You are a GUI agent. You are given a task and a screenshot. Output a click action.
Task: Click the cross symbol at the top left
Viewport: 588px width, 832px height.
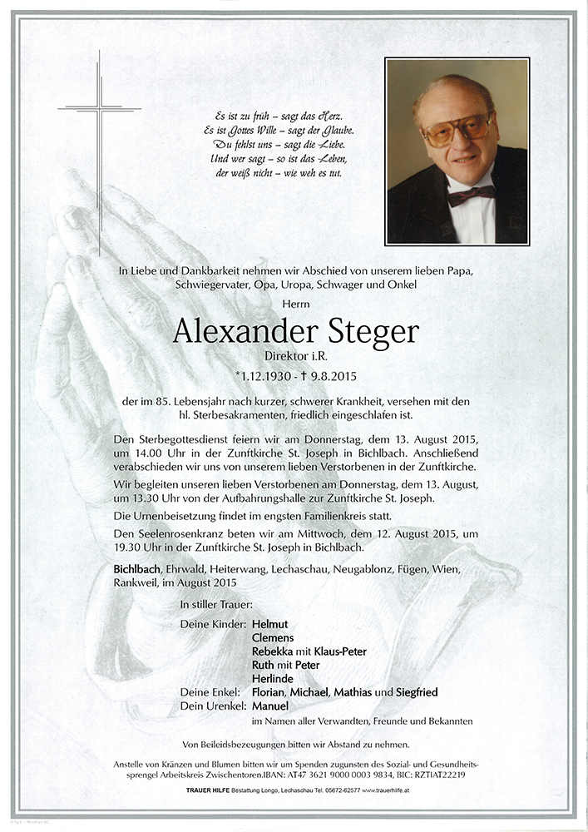[x=99, y=108]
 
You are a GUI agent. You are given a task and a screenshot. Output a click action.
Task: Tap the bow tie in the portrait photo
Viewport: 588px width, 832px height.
[x=471, y=196]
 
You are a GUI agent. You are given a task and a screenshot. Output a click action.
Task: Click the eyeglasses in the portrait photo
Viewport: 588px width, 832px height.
[x=457, y=131]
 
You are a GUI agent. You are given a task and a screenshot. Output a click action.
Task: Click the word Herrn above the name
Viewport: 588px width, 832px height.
[x=294, y=304]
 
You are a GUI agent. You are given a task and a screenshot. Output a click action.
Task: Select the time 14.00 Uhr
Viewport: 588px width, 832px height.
[x=156, y=454]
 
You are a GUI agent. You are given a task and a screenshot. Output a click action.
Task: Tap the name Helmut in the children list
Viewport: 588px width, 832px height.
[x=271, y=624]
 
